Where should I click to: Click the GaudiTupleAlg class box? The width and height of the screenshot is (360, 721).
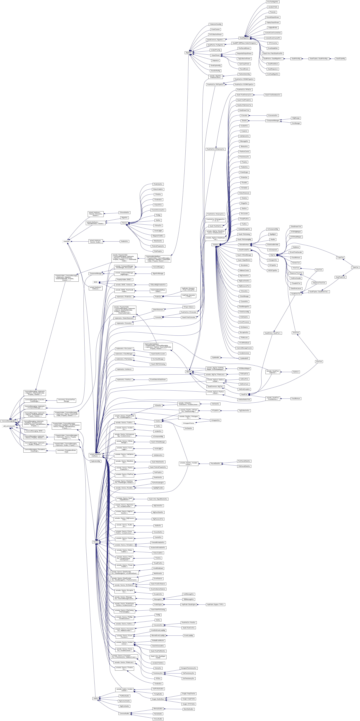point(340,59)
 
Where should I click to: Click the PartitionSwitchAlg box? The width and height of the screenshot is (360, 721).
point(244,74)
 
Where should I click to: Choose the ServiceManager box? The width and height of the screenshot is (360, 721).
point(158,267)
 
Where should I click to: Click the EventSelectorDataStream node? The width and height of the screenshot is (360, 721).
point(158,380)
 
